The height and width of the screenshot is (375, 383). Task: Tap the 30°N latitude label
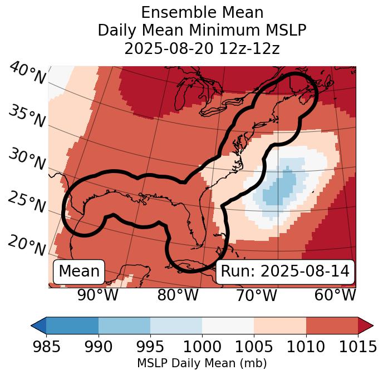tap(27, 160)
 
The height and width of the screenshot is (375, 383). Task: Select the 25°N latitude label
tap(27, 203)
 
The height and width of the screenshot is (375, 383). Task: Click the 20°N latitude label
tap(27, 245)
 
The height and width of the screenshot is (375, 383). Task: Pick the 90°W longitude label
tap(98, 295)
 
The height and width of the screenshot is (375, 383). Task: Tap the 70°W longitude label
tap(256, 295)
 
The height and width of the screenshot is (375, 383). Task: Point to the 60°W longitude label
tap(335, 295)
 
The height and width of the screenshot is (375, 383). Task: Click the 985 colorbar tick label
tap(46, 347)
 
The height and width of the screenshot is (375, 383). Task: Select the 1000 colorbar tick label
tap(202, 347)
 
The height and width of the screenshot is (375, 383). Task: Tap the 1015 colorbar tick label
tap(357, 347)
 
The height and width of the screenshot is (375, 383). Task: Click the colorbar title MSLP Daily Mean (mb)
tap(202, 364)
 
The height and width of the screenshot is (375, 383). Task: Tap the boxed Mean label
tap(79, 272)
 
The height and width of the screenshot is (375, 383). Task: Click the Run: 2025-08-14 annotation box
tap(285, 272)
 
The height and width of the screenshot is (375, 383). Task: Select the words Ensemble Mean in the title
tap(202, 12)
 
